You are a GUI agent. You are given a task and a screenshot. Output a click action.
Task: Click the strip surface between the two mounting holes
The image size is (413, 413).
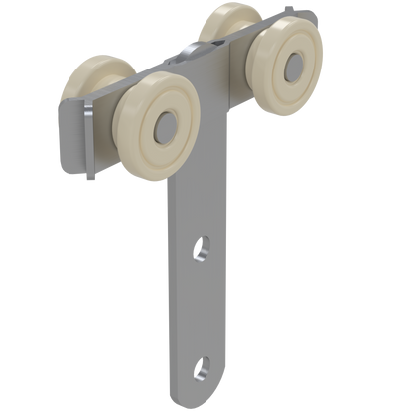[199, 308]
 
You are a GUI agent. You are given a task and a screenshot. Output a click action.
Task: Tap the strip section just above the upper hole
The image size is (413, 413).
[199, 213]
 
